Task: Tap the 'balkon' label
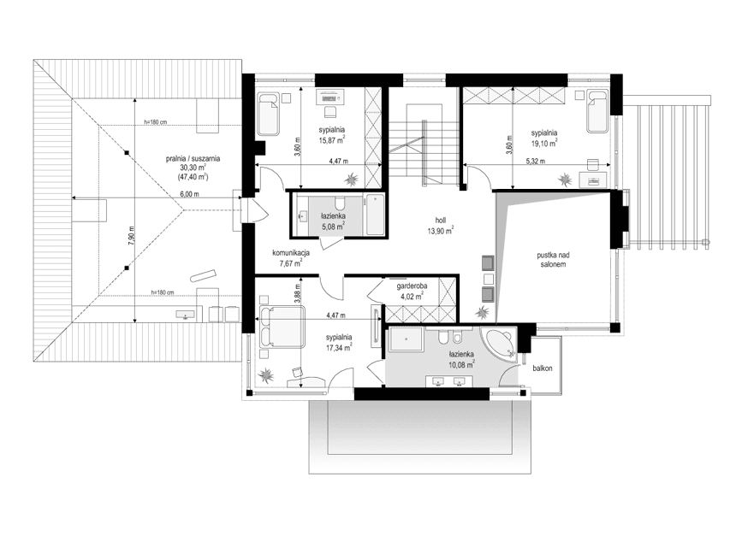click(540, 368)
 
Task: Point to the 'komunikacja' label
click(291, 253)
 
